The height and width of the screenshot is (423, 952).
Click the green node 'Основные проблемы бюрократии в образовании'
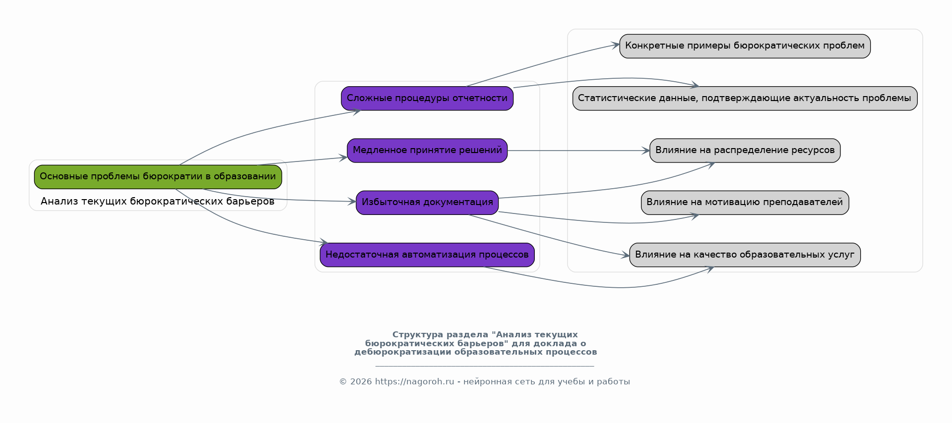click(158, 177)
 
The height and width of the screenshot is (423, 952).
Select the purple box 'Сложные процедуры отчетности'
click(427, 98)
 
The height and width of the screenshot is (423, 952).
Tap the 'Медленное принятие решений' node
click(427, 150)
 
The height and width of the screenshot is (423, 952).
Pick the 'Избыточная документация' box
click(427, 202)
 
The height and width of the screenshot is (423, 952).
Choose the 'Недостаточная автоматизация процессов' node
click(427, 255)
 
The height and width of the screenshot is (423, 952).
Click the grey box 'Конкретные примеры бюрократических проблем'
click(744, 46)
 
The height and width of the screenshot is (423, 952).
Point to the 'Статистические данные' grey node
click(744, 98)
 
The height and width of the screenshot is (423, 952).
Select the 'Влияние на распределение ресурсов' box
click(744, 150)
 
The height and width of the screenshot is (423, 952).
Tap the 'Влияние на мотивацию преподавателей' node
click(744, 202)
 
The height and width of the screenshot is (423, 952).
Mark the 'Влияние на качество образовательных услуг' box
click(744, 255)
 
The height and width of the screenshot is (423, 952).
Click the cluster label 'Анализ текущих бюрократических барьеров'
click(157, 202)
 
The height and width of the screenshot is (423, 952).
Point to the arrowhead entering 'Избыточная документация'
click(352, 202)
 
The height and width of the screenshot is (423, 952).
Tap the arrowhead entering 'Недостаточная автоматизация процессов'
click(324, 242)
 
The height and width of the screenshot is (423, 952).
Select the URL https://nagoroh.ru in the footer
click(414, 382)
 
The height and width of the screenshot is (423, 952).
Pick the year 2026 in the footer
click(361, 382)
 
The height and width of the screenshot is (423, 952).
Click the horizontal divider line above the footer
click(484, 367)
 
